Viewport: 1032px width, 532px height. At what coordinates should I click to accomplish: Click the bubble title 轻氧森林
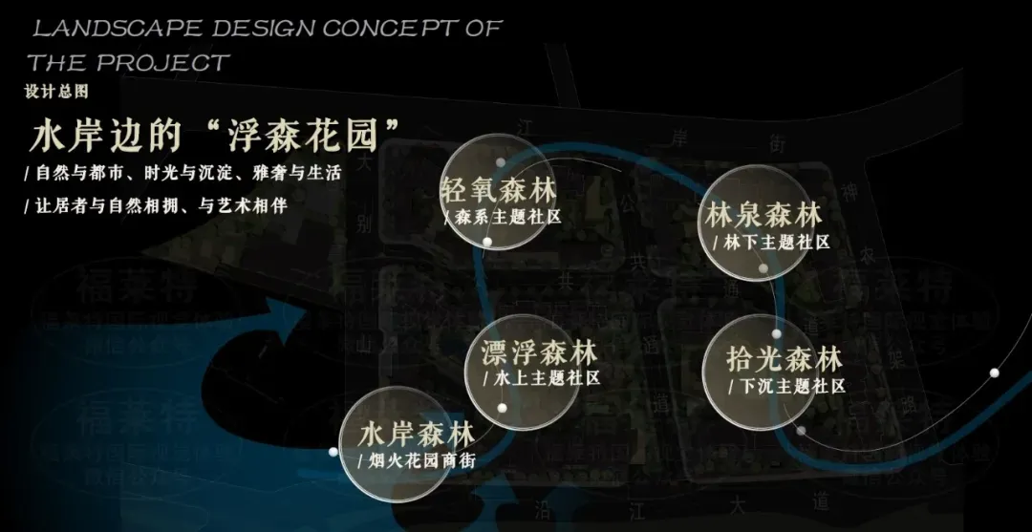tap(499, 188)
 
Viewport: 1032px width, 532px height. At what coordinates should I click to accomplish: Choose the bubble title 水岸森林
tap(417, 435)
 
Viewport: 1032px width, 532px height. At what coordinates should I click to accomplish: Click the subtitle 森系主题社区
tap(505, 217)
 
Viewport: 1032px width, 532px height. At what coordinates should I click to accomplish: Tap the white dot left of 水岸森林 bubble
tap(333, 451)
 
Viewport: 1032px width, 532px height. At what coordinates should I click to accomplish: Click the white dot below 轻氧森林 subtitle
tap(487, 242)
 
